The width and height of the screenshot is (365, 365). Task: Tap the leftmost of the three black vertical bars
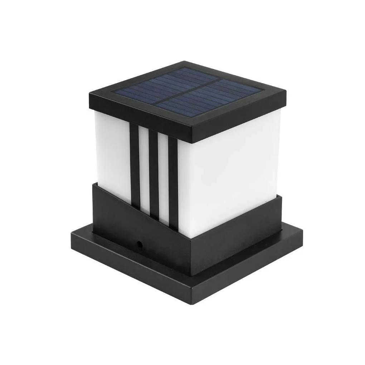(x=135, y=165)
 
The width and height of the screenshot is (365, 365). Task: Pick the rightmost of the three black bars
(x=173, y=182)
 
